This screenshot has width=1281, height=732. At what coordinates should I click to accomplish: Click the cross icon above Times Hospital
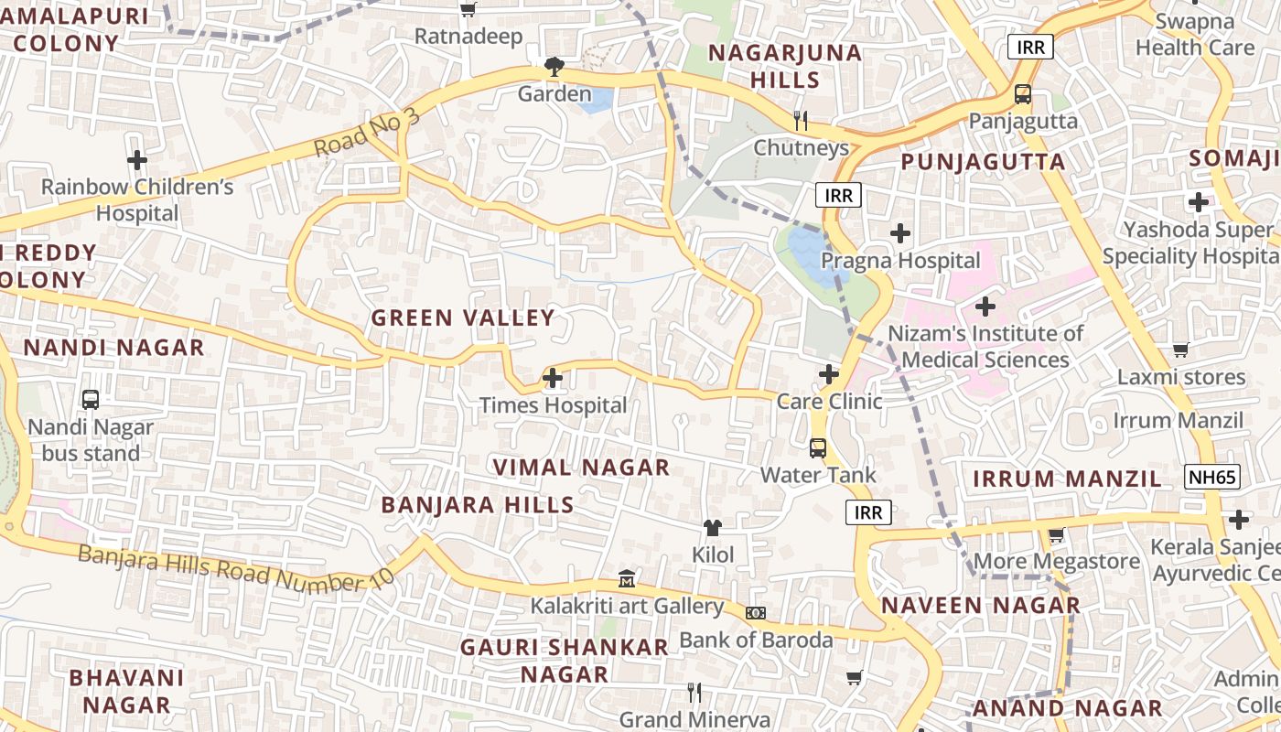tap(553, 377)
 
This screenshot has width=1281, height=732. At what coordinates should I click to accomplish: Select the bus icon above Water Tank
tap(818, 448)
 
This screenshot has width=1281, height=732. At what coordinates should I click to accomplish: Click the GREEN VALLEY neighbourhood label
tap(463, 318)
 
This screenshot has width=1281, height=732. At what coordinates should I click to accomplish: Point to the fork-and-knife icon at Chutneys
tap(801, 120)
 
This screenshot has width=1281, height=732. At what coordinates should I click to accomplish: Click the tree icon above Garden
tap(554, 66)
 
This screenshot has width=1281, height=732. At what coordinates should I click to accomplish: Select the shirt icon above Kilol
tap(713, 528)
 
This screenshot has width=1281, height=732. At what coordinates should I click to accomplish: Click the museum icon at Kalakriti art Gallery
tap(627, 579)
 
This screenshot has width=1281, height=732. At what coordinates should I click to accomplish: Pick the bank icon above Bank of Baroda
tap(756, 612)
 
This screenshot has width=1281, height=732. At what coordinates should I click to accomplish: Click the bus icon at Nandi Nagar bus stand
tap(91, 400)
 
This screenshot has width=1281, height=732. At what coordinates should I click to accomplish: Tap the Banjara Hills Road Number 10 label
tap(235, 567)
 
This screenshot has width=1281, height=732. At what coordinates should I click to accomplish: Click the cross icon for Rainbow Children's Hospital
tap(137, 160)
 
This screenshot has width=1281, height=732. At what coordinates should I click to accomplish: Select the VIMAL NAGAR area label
tap(582, 468)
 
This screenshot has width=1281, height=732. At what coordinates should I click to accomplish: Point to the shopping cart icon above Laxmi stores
tap(1181, 350)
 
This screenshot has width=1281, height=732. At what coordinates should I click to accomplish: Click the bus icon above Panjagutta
tap(1023, 94)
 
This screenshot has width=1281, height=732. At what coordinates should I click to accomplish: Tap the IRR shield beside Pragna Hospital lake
tap(838, 195)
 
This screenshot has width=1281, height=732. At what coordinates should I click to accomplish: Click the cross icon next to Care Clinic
tap(829, 373)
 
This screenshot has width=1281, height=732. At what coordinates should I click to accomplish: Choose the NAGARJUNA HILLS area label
tap(785, 65)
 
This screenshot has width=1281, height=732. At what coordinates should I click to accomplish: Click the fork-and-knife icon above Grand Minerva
tap(694, 693)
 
